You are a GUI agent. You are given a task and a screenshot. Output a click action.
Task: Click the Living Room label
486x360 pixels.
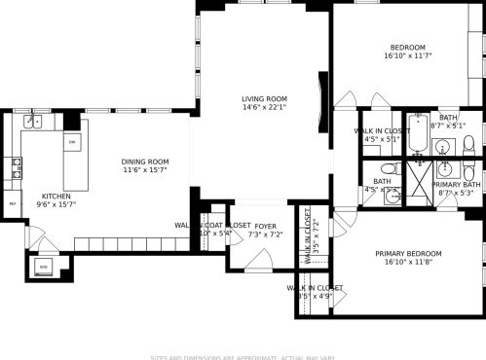264,98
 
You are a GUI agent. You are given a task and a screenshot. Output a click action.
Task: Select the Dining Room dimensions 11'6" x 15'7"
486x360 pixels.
145,171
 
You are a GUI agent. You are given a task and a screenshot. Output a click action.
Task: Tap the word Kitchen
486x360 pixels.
55,196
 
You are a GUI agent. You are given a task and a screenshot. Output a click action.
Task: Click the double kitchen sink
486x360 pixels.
33,122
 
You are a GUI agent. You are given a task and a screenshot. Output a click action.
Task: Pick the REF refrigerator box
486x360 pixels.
13,203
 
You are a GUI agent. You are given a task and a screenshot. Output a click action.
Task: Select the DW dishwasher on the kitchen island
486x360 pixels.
72,142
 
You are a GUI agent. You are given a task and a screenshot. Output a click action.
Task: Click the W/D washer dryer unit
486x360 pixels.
42,265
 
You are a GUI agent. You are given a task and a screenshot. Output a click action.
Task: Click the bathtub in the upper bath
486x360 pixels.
416,136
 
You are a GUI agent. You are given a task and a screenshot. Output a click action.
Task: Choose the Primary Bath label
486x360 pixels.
457,185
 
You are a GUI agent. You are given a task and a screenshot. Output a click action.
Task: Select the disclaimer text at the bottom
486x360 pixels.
243,355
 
